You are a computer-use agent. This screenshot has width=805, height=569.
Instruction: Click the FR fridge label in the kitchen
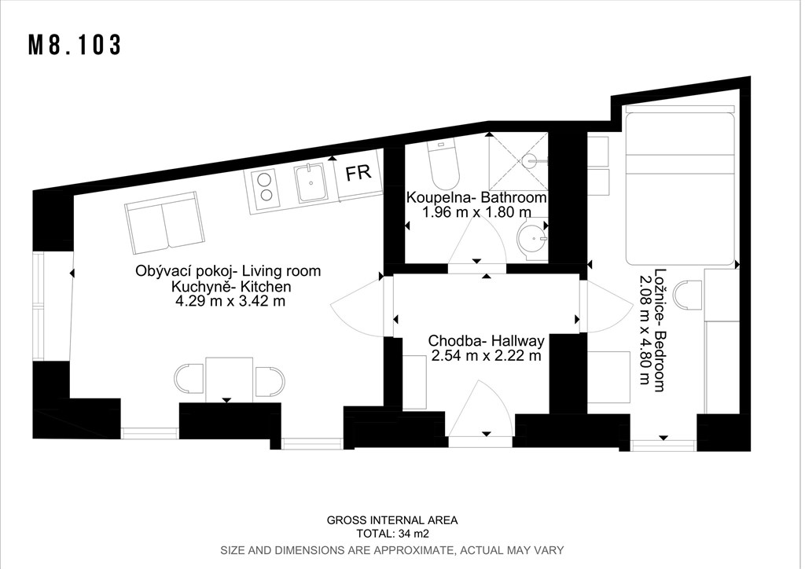[x=358, y=173]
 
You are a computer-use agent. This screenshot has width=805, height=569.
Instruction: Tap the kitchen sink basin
[x=311, y=183]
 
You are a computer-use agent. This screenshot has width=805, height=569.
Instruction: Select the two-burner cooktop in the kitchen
[x=266, y=188]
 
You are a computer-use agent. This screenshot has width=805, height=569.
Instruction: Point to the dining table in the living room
[x=229, y=380]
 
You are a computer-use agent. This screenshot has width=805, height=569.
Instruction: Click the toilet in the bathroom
[x=443, y=165]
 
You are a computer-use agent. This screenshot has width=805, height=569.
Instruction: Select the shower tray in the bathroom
[x=518, y=161]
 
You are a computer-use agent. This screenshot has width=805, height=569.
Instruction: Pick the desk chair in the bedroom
[x=688, y=296]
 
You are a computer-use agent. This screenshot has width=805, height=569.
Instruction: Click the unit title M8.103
[x=75, y=45]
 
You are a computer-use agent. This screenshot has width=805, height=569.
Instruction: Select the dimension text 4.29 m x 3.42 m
[x=230, y=301]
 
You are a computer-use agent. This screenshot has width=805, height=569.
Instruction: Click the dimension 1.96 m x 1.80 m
[x=477, y=211]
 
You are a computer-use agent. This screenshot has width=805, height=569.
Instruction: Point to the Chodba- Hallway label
[x=486, y=340]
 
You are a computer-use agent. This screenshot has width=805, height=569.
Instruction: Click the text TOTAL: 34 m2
[x=393, y=534]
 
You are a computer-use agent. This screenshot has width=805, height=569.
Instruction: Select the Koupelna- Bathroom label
[x=476, y=197]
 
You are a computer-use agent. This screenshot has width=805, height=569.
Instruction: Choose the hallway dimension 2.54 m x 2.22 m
[x=486, y=355]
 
